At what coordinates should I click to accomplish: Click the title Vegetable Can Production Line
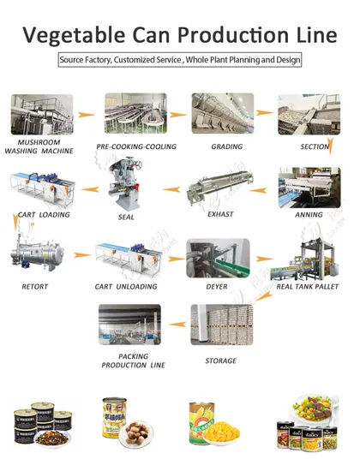click(180, 34)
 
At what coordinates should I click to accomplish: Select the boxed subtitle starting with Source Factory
click(180, 61)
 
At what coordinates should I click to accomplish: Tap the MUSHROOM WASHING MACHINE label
click(39, 146)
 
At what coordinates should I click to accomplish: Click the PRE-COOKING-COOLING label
click(136, 146)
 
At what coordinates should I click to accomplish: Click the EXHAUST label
click(220, 214)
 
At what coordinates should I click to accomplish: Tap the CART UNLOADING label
click(128, 287)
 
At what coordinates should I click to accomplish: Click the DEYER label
click(217, 287)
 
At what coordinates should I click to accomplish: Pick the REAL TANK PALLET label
click(308, 287)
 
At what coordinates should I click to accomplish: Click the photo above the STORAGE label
click(219, 325)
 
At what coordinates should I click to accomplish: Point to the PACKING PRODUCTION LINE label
click(126, 360)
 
